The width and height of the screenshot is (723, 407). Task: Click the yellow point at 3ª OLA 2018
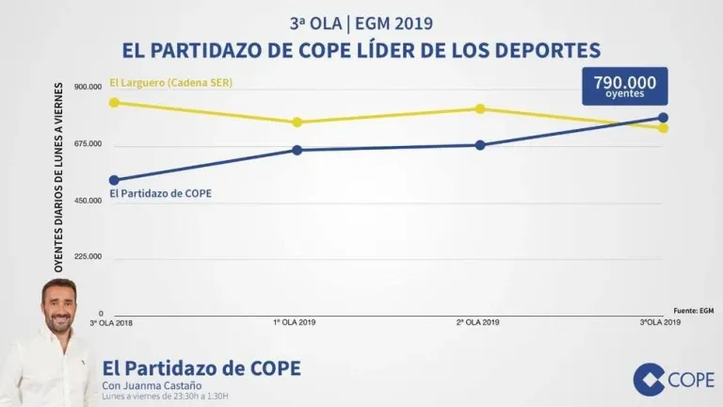pos(114,102)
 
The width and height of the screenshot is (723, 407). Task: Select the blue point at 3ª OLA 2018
pos(114,180)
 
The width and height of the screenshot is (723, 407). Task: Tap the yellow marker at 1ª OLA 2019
pos(297,122)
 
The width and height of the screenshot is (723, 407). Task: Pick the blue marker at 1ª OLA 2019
pos(297,150)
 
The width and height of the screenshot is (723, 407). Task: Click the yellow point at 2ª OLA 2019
pos(480,108)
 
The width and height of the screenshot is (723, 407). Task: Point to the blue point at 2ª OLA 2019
pos(480,145)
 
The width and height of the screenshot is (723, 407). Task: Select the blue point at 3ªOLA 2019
pos(663,118)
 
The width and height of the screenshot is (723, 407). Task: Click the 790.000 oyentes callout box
pos(625,86)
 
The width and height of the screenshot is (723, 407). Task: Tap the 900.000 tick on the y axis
pos(88,88)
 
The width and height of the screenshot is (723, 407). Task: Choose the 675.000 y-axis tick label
pos(88,144)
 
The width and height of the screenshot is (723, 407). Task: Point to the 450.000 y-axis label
pos(88,201)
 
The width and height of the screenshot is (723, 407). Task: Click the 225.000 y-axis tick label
pos(88,257)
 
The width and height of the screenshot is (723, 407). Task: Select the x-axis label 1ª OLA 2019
pos(295,322)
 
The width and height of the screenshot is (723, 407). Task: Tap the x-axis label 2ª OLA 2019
pos(477,322)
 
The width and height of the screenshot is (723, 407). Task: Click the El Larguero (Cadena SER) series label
pos(170,83)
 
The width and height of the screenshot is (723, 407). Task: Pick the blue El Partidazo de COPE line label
pos(160,193)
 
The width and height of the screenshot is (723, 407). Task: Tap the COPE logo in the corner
pos(673,379)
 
